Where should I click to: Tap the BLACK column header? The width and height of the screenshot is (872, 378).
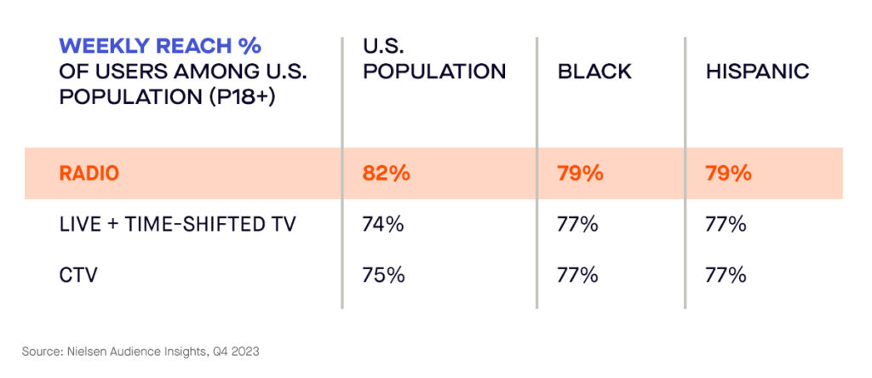(594, 72)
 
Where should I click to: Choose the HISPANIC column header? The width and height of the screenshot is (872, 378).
(757, 72)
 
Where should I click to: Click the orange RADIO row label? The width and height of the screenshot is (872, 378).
(89, 174)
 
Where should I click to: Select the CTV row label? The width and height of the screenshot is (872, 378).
(77, 275)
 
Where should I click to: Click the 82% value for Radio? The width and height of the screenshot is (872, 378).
(387, 174)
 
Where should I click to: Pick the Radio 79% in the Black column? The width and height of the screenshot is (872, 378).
(581, 174)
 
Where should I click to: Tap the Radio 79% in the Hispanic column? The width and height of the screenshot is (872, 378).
(728, 174)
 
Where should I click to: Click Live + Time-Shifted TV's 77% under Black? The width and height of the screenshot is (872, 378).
(578, 225)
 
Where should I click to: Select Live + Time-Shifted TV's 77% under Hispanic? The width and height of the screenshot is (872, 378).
(726, 225)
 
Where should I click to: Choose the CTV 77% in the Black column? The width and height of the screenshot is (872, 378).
(578, 275)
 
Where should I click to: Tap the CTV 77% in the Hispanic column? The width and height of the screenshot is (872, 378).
(726, 275)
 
